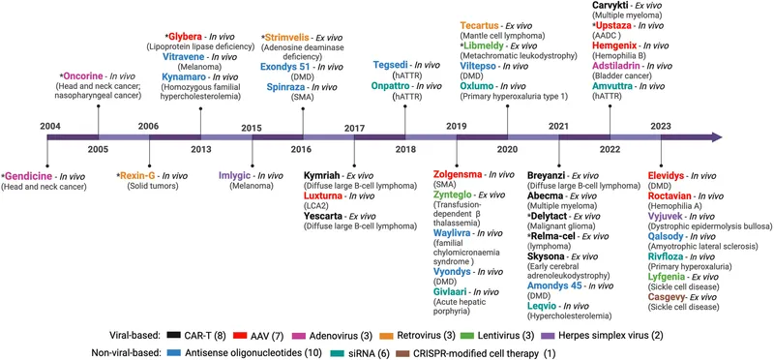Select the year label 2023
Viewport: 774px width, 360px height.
(661, 126)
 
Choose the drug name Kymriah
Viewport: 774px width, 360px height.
(325, 175)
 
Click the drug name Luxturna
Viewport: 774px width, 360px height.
(327, 197)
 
